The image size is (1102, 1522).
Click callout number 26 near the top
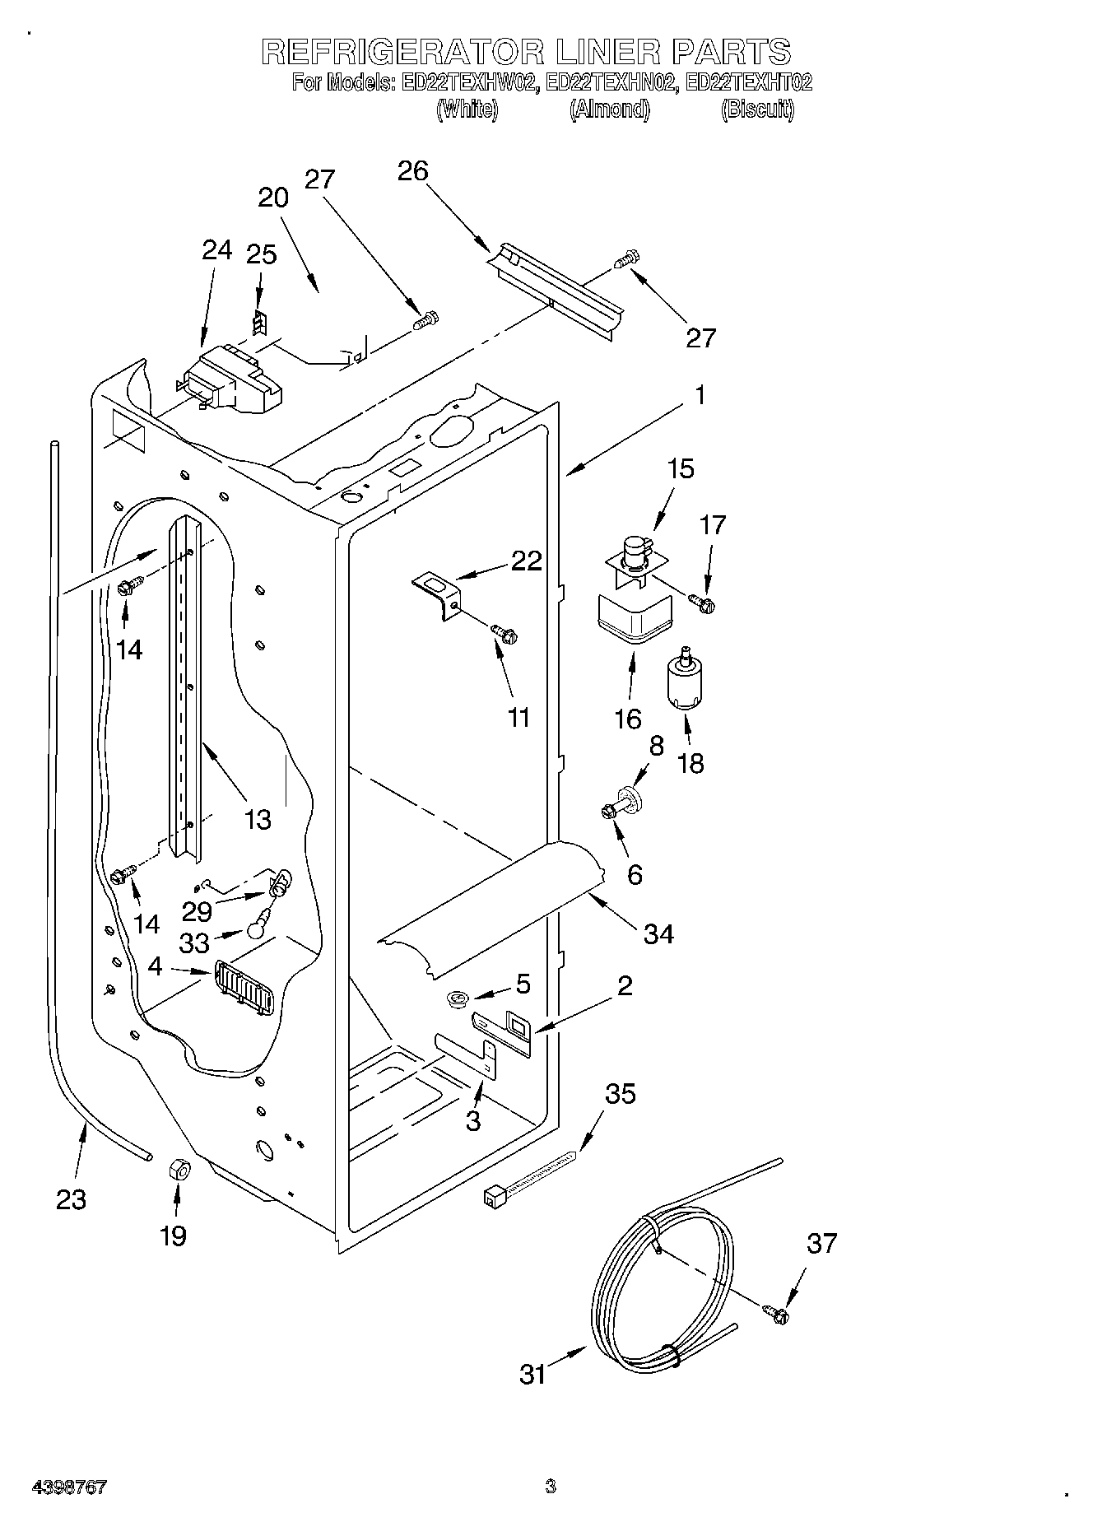[x=412, y=171]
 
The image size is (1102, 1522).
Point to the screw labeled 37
[x=775, y=1315]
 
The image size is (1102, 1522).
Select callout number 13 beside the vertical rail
[x=258, y=819]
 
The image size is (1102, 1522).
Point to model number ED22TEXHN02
[x=611, y=82]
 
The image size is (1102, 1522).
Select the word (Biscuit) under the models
[x=757, y=109]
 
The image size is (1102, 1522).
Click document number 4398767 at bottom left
[x=69, y=1487]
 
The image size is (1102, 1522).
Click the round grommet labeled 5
[x=458, y=999]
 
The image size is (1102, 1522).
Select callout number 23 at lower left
[x=72, y=1199]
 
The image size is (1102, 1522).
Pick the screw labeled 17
[x=703, y=603]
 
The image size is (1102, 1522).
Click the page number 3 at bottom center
[x=550, y=1487]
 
